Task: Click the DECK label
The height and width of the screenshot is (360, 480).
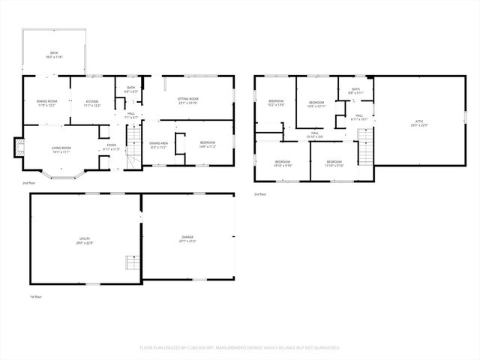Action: click(x=54, y=53)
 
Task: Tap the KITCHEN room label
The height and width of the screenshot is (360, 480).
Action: click(x=92, y=101)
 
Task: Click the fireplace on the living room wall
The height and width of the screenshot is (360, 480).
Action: click(x=19, y=148)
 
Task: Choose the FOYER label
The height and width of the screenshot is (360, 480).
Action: click(x=111, y=146)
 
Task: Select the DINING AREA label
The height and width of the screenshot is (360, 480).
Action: click(x=159, y=144)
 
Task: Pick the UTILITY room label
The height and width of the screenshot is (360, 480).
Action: click(x=84, y=239)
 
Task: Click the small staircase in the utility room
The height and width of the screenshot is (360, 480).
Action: click(x=131, y=263)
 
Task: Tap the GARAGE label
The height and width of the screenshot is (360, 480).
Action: click(x=186, y=238)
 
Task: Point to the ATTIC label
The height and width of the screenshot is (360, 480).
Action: click(x=418, y=124)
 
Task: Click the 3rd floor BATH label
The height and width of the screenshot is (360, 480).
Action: click(x=355, y=91)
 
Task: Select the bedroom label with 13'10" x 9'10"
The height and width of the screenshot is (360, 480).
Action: click(x=282, y=163)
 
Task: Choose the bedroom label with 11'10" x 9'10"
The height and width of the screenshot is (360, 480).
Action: click(x=334, y=163)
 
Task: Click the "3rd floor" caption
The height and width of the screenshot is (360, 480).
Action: click(x=260, y=193)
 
